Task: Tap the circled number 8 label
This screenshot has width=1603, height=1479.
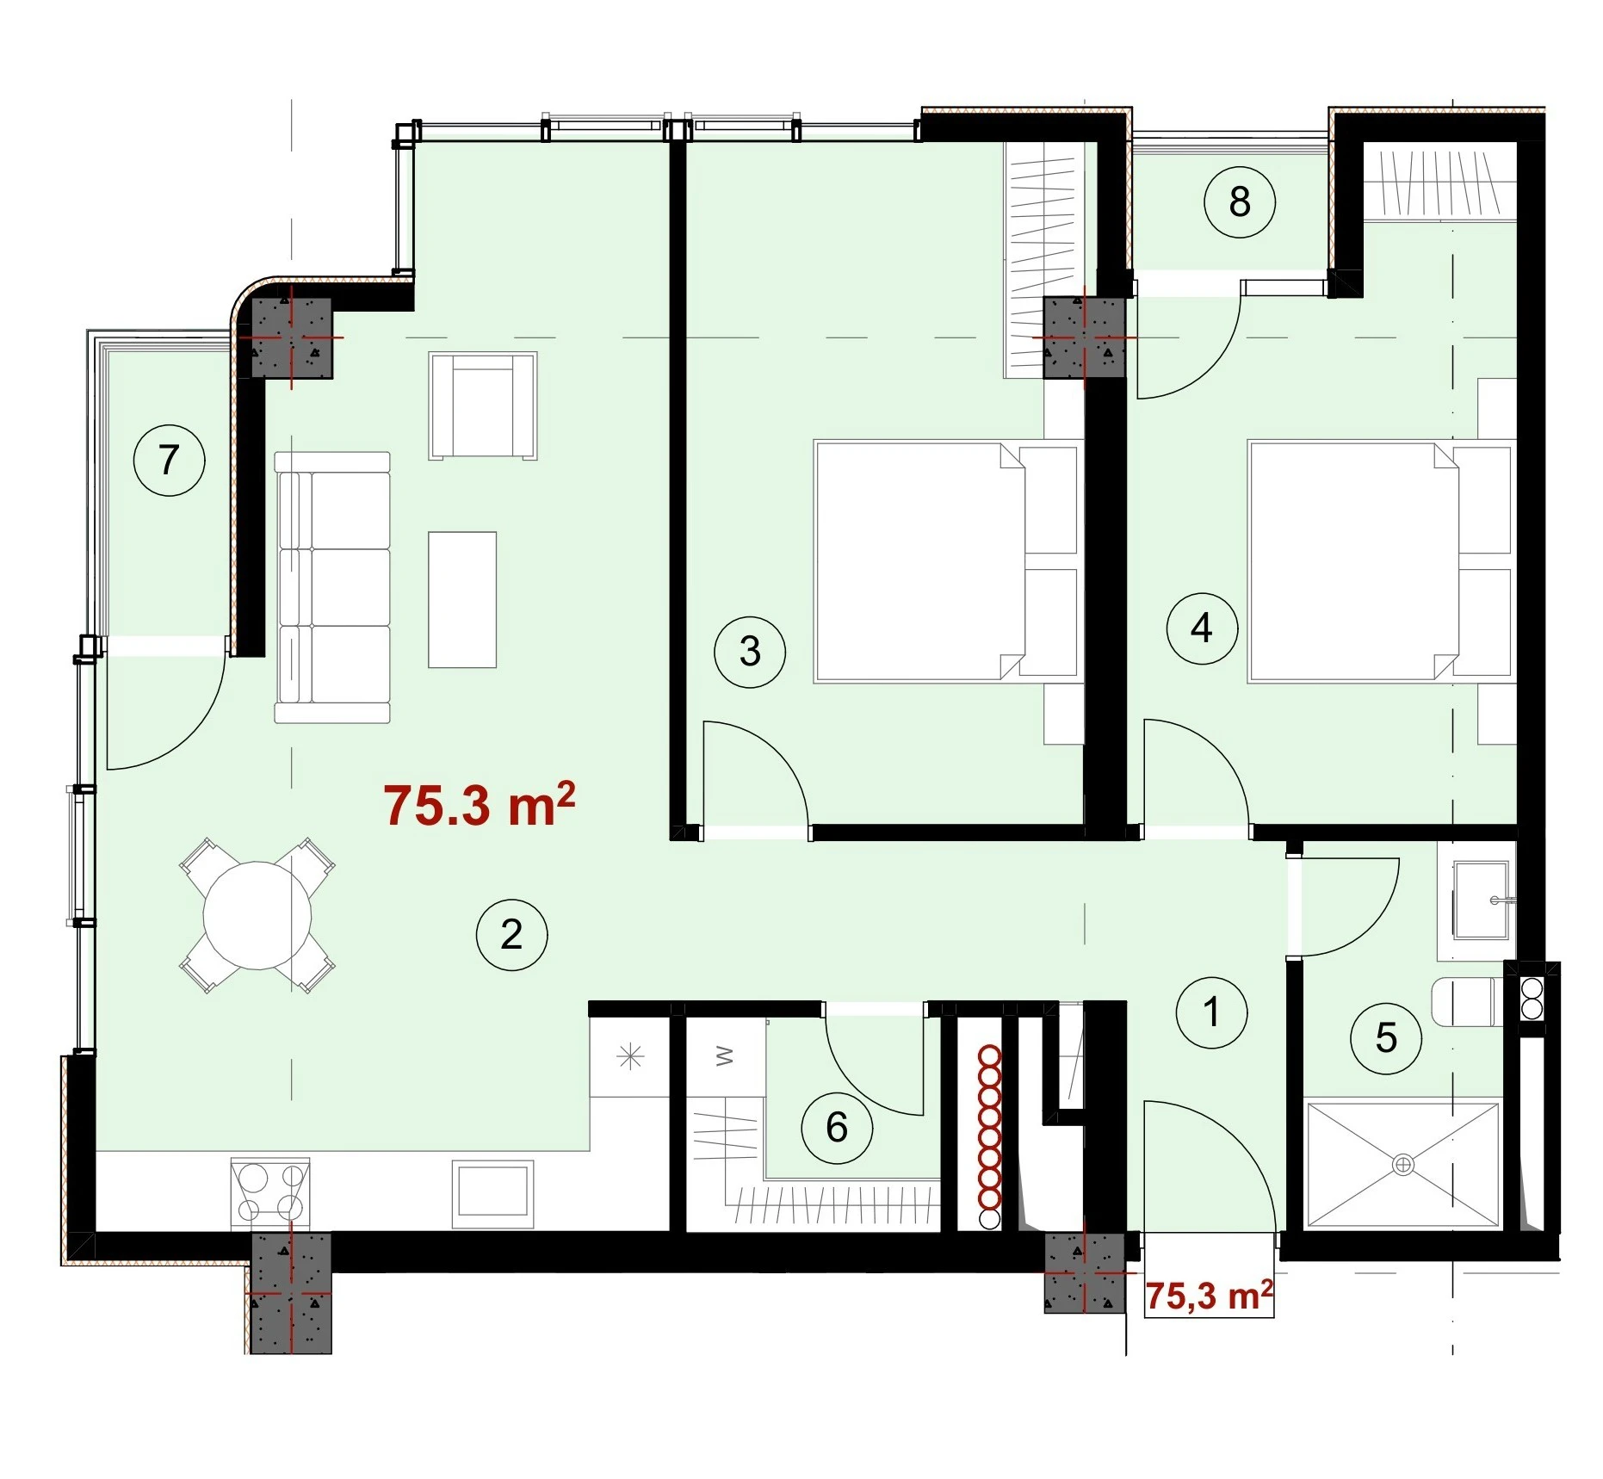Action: [1239, 202]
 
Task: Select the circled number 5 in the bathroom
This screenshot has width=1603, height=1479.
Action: [1386, 1038]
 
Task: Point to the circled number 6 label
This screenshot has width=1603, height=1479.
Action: [837, 1128]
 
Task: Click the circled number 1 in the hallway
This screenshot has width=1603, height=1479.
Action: [1212, 1012]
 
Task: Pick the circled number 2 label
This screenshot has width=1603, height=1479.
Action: [512, 935]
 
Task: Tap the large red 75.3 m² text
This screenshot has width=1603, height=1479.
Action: [479, 805]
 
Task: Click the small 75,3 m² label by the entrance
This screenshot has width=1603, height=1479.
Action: [1209, 1296]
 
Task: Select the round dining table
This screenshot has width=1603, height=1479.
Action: [257, 915]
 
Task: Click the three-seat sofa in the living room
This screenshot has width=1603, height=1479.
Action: [332, 587]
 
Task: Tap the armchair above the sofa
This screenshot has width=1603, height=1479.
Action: [483, 405]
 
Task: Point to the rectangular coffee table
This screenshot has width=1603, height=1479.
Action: [462, 599]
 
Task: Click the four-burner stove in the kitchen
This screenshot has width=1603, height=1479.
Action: [271, 1191]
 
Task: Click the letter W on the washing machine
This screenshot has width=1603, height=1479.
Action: [725, 1055]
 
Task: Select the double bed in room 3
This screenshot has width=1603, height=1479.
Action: [947, 561]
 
